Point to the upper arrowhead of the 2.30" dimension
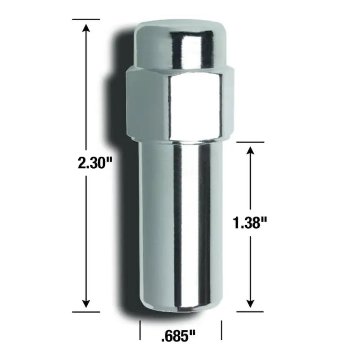pos(86,27)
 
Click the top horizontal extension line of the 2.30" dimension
pos(86,19)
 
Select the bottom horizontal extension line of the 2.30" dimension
pos(86,311)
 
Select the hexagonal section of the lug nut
pos(180,103)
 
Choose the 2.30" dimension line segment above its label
pos(86,90)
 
